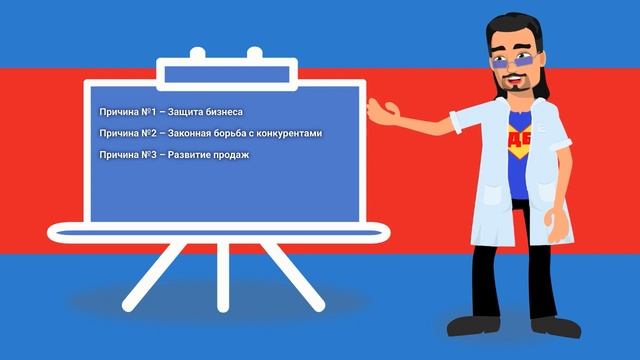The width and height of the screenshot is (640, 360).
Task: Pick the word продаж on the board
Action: click(x=231, y=155)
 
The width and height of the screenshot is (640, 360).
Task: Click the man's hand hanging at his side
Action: click(x=552, y=214)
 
